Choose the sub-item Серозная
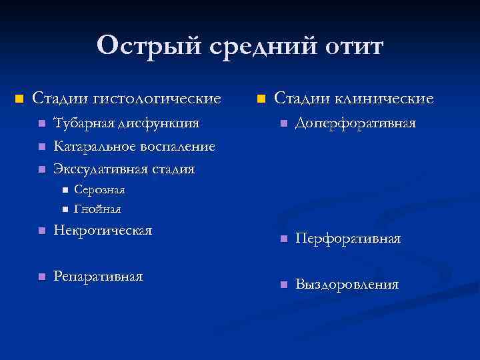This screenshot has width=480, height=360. (99, 190)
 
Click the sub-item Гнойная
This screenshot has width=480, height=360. (97, 209)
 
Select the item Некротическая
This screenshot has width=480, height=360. (103, 231)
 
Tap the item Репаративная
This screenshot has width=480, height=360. (98, 276)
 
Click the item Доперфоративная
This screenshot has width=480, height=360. (356, 124)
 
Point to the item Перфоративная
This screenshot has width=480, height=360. (348, 239)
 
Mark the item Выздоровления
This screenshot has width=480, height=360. (347, 285)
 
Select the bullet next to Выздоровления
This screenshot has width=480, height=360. (283, 285)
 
